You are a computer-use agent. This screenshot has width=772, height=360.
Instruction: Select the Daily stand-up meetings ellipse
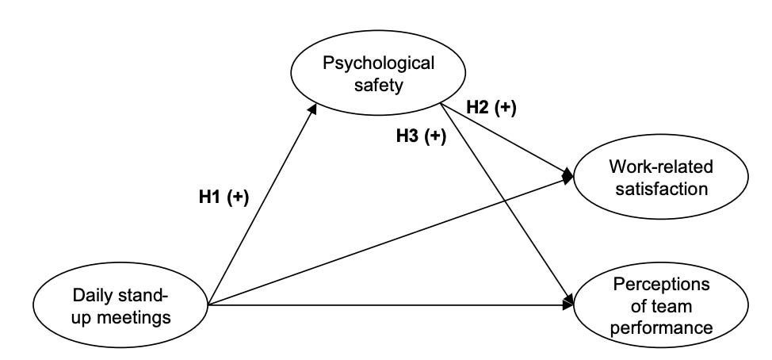(120, 304)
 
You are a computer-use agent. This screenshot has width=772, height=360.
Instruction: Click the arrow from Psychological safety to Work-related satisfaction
(507, 143)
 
